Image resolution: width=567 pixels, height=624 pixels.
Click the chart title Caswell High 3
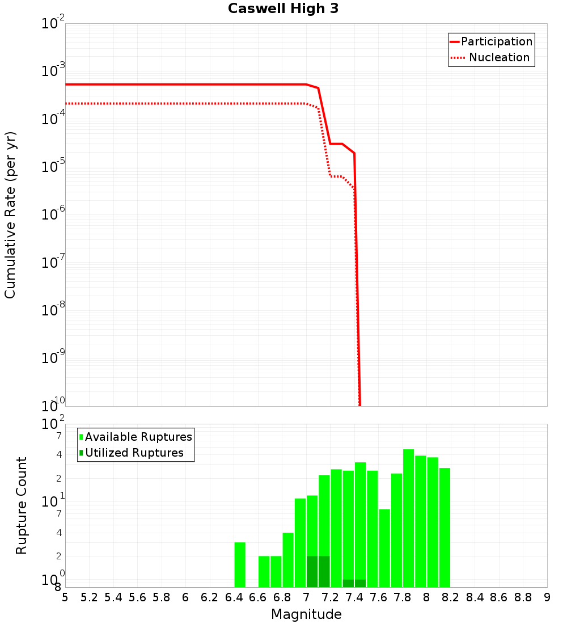pyautogui.click(x=283, y=9)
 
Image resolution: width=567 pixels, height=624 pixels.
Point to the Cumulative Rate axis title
pyautogui.click(x=10, y=214)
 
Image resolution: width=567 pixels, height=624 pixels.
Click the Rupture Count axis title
pyautogui.click(x=22, y=505)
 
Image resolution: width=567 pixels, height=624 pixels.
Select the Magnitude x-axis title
pyautogui.click(x=306, y=614)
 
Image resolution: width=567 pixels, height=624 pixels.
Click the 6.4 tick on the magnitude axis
pyautogui.click(x=234, y=597)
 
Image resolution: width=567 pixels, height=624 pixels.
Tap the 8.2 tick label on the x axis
pyautogui.click(x=450, y=597)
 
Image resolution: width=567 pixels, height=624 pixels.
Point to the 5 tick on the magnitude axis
pyautogui.click(x=65, y=597)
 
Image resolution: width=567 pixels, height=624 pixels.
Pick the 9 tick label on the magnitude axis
pyautogui.click(x=547, y=597)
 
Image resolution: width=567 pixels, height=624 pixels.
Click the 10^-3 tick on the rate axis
pyautogui.click(x=53, y=71)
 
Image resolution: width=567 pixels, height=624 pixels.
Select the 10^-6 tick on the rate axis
pyautogui.click(x=53, y=215)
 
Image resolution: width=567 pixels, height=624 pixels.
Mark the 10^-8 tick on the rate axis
pyautogui.click(x=53, y=311)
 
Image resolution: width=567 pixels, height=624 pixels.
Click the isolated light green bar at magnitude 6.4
pyautogui.click(x=240, y=564)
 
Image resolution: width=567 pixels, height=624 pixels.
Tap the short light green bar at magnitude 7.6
pyautogui.click(x=384, y=548)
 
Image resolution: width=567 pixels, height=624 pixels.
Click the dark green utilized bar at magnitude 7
pyautogui.click(x=312, y=571)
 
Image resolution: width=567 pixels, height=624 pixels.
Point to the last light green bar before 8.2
pyautogui.click(x=445, y=528)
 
